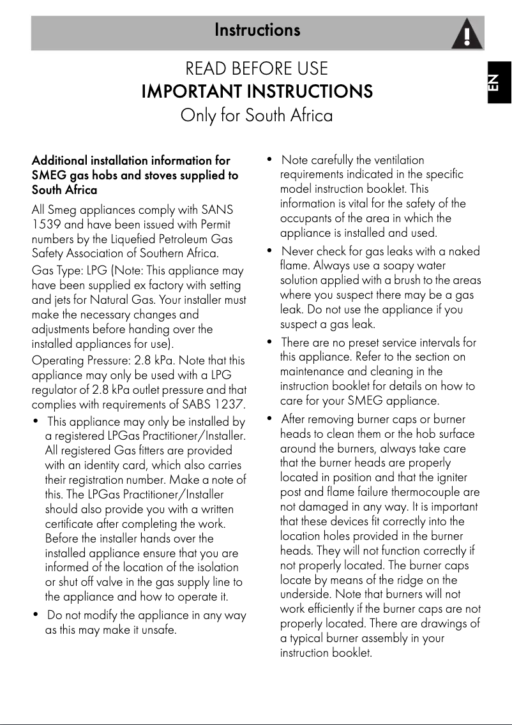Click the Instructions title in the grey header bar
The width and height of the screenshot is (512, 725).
point(257,30)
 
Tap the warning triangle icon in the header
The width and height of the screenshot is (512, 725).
point(467,34)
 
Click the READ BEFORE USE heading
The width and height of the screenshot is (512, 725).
point(257,68)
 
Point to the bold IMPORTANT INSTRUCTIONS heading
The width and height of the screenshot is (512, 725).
point(257,91)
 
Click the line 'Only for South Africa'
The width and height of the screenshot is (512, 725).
point(257,116)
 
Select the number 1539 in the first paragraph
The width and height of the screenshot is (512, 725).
point(45,225)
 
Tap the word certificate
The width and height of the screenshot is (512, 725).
point(71,524)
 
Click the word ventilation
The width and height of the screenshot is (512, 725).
point(395,160)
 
